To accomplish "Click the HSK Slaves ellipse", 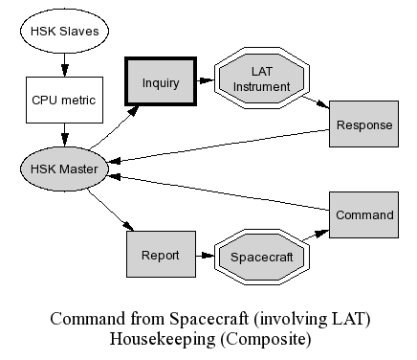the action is click(x=64, y=31).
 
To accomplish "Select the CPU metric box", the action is click(x=64, y=100).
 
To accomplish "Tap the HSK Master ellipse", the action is click(x=64, y=169).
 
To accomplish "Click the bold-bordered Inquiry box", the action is click(x=161, y=81).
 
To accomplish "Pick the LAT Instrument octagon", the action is click(x=262, y=79).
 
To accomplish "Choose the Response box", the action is click(x=363, y=124).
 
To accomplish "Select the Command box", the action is click(x=363, y=214).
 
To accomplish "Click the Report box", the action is click(x=161, y=254).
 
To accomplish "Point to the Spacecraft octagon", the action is click(x=262, y=257).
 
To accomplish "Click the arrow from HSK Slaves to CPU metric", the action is click(x=65, y=65).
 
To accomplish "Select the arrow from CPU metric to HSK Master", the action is click(x=65, y=135).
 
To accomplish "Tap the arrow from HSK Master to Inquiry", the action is click(x=114, y=127).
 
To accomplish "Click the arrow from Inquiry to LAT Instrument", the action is click(x=206, y=80).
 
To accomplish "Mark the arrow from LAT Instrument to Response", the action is click(x=316, y=102).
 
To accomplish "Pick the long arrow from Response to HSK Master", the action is click(x=219, y=146).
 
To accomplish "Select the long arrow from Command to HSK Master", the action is click(x=219, y=192).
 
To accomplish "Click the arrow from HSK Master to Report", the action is click(x=111, y=210).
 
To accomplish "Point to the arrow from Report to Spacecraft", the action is click(x=205, y=256).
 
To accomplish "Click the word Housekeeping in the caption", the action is click(x=163, y=339).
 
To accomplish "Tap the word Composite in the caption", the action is click(x=266, y=339).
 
